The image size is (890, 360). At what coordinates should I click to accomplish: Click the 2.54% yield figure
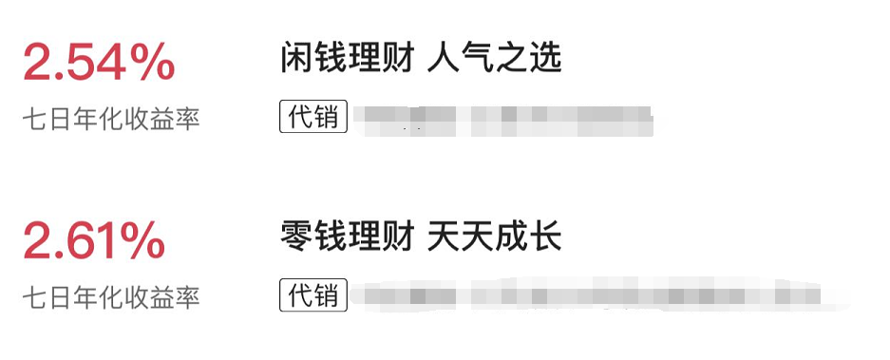tap(99, 65)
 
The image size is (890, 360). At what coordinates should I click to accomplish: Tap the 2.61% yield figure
tap(94, 242)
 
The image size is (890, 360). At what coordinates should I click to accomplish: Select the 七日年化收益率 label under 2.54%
tap(112, 119)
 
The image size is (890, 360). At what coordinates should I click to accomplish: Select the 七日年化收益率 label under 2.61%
tap(112, 296)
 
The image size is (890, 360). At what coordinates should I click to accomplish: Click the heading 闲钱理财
tap(347, 59)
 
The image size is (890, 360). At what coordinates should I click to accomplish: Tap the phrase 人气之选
tap(495, 59)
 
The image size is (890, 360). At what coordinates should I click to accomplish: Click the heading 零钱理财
tap(347, 236)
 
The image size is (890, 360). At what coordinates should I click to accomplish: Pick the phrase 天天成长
tap(495, 236)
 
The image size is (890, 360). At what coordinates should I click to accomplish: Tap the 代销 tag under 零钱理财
tap(313, 294)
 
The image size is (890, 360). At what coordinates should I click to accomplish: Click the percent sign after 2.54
tap(151, 65)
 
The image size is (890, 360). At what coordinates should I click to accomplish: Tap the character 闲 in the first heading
tap(296, 59)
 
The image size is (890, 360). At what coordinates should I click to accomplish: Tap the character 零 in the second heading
tap(296, 236)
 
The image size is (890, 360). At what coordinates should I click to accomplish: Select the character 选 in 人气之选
tap(546, 59)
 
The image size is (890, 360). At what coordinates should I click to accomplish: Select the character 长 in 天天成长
tap(546, 236)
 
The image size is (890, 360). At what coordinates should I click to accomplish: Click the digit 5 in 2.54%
tap(84, 65)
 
